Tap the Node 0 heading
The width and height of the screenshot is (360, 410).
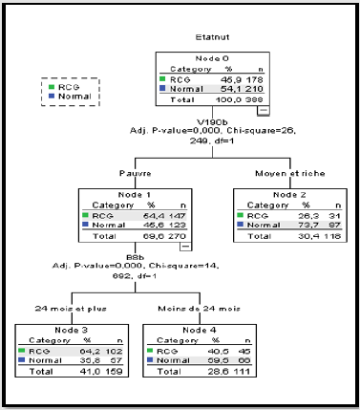pyautogui.click(x=209, y=59)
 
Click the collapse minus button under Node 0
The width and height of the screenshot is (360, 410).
pyautogui.click(x=264, y=111)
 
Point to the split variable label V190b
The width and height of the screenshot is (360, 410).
pyautogui.click(x=209, y=121)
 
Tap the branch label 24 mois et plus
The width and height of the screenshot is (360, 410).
pyautogui.click(x=56, y=309)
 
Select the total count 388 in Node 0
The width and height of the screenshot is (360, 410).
pyautogui.click(x=254, y=99)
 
